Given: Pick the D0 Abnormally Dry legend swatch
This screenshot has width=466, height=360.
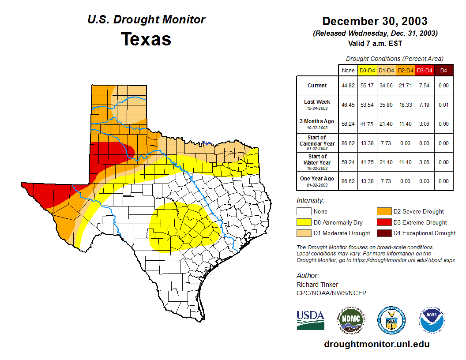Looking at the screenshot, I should [x=304, y=222].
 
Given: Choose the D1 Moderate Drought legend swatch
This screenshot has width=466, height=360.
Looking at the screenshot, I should [x=304, y=233].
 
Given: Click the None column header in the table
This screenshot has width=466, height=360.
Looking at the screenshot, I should [x=348, y=70].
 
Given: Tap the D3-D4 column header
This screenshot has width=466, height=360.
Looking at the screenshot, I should [x=425, y=70].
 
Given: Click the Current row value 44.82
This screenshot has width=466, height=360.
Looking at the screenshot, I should [x=348, y=86].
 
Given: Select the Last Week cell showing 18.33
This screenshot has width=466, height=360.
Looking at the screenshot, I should [x=406, y=105].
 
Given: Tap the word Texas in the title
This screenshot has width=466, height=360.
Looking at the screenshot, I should [x=146, y=39].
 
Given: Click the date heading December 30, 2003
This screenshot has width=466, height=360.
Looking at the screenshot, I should [x=375, y=21].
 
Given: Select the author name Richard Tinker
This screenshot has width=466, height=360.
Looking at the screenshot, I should [x=317, y=285].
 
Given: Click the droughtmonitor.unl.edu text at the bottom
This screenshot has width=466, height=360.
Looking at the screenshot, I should [x=376, y=344].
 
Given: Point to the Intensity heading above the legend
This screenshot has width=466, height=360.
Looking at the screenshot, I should [x=310, y=201].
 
